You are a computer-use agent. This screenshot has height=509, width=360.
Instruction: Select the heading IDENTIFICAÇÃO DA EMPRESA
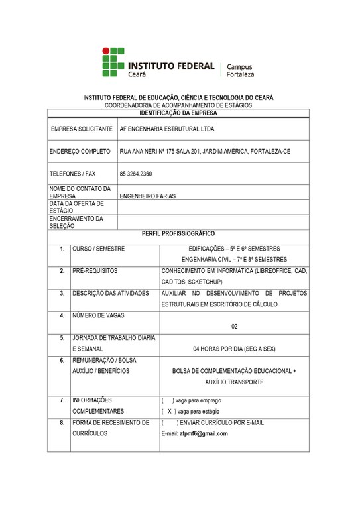click(x=179, y=113)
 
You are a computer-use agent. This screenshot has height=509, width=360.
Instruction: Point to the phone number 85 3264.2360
click(x=136, y=174)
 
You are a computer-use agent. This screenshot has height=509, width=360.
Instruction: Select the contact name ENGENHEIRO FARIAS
click(x=147, y=196)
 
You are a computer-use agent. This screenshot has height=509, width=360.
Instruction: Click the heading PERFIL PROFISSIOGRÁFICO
click(x=179, y=234)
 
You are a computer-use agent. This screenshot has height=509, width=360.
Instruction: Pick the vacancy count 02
click(x=234, y=326)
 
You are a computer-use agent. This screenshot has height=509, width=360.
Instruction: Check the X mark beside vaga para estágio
click(x=170, y=411)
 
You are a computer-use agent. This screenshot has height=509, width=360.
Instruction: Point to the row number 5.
click(x=62, y=338)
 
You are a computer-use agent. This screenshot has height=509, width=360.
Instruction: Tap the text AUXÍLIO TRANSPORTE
click(x=234, y=382)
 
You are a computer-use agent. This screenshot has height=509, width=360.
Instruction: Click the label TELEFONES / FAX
click(x=73, y=174)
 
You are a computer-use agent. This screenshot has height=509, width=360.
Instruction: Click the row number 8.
click(x=62, y=422)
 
